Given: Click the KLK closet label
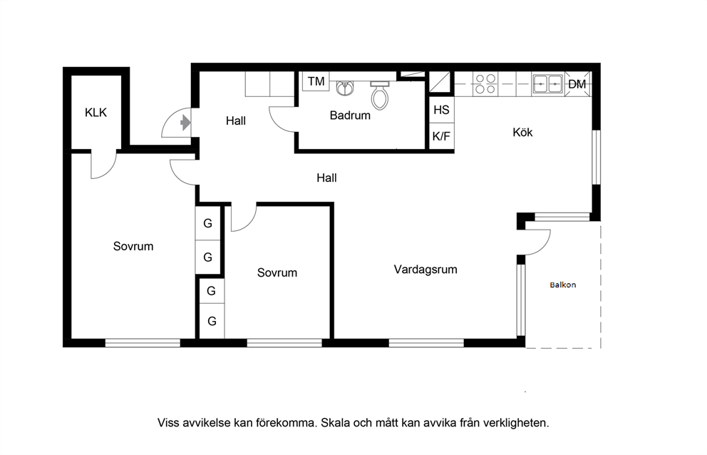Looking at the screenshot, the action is tap(96, 113).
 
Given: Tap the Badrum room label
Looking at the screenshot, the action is tap(350, 115).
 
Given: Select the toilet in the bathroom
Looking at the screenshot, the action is tap(380, 95).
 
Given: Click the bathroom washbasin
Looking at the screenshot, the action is tap(345, 88).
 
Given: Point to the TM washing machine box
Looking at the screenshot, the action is tap(316, 81).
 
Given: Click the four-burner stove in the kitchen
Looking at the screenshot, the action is tap(485, 84).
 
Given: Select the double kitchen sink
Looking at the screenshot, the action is tap(548, 84).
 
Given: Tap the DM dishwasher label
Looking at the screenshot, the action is tap(577, 84).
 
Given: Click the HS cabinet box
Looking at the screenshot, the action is tap(441, 110).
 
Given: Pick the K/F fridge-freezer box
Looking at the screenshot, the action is tap(441, 136).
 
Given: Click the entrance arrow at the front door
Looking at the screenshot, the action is tap(185, 123).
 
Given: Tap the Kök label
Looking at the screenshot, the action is tap(522, 132).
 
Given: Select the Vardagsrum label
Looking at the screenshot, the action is tap(425, 270).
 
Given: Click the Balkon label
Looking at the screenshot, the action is tap(563, 285).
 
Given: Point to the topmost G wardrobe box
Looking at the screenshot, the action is tap(208, 223).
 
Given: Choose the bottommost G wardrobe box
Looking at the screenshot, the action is tap(212, 321).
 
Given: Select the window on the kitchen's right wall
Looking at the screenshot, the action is tap(596, 157).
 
